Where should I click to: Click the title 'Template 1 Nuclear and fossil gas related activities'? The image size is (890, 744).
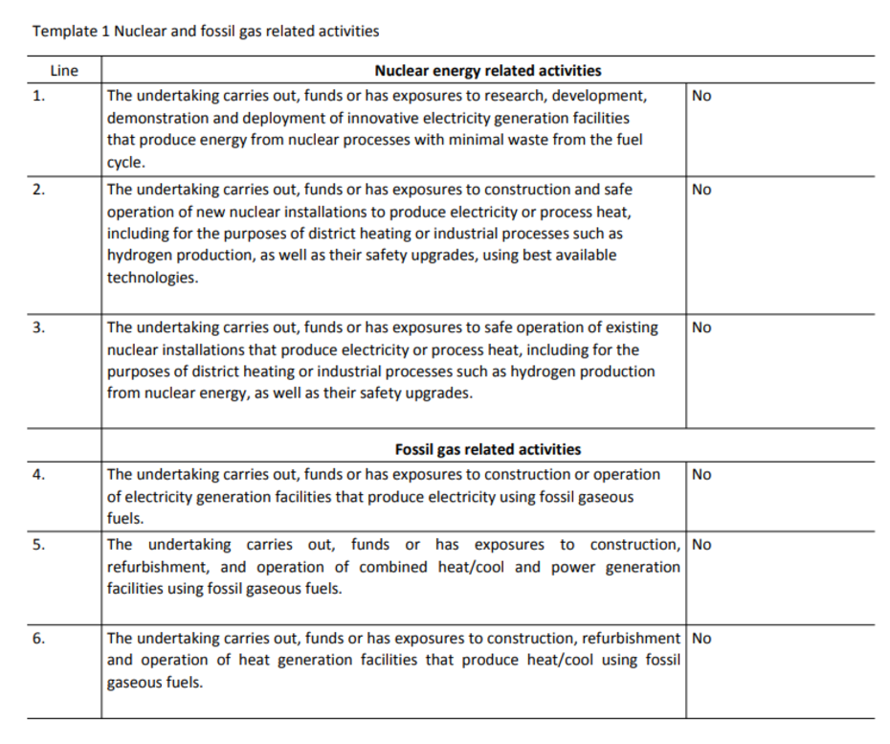coord(206,31)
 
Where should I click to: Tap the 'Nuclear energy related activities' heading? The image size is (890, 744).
coord(488,71)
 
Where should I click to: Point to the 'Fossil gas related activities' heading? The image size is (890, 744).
coord(488,449)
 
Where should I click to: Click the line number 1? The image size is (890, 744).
coord(38,96)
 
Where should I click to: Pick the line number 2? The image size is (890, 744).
coord(38,190)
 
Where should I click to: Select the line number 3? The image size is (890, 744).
coord(38,327)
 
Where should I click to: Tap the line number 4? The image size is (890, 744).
coord(38,475)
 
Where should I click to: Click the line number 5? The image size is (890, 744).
coord(38,545)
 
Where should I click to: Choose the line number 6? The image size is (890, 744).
coord(38,639)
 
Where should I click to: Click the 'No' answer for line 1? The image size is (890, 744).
coord(701,96)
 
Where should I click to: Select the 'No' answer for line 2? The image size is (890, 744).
coord(701,190)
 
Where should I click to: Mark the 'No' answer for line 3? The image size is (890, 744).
coord(701,327)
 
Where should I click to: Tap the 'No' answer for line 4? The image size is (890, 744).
coord(701,475)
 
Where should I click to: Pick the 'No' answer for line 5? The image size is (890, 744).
coord(701,545)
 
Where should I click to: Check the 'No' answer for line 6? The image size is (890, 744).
coord(701,639)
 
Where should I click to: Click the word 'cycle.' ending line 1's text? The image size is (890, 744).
coord(126,162)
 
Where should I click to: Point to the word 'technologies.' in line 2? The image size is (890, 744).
coord(153,278)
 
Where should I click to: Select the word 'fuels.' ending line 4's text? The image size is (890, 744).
coord(125,519)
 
